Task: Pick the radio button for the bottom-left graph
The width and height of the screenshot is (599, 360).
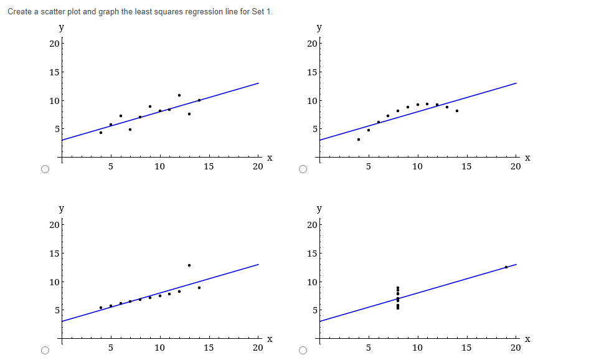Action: (44, 351)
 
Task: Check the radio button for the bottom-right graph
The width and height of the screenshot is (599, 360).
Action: (303, 351)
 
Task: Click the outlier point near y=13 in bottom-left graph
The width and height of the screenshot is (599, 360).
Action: (189, 265)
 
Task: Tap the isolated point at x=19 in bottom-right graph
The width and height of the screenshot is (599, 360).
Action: (506, 267)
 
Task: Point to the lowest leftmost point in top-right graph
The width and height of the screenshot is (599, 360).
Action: (359, 140)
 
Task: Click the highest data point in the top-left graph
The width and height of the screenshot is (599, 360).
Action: (179, 95)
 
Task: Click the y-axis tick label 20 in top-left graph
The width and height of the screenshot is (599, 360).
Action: (54, 44)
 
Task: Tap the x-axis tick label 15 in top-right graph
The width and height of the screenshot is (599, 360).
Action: (466, 167)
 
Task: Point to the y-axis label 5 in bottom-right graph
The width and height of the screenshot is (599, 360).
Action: (314, 310)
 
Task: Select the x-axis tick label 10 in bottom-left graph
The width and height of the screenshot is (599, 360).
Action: (160, 348)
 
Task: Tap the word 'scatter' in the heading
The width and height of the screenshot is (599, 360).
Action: (61, 12)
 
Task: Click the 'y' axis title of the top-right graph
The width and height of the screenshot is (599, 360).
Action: (319, 27)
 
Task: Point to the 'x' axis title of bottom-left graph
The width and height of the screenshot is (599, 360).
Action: (269, 339)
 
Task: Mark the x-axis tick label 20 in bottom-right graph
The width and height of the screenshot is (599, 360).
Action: (516, 348)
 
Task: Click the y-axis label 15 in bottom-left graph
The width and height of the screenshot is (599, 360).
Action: (54, 253)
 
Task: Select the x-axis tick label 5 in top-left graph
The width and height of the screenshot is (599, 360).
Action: (111, 167)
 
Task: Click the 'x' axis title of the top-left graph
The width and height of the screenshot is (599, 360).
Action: (269, 158)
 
